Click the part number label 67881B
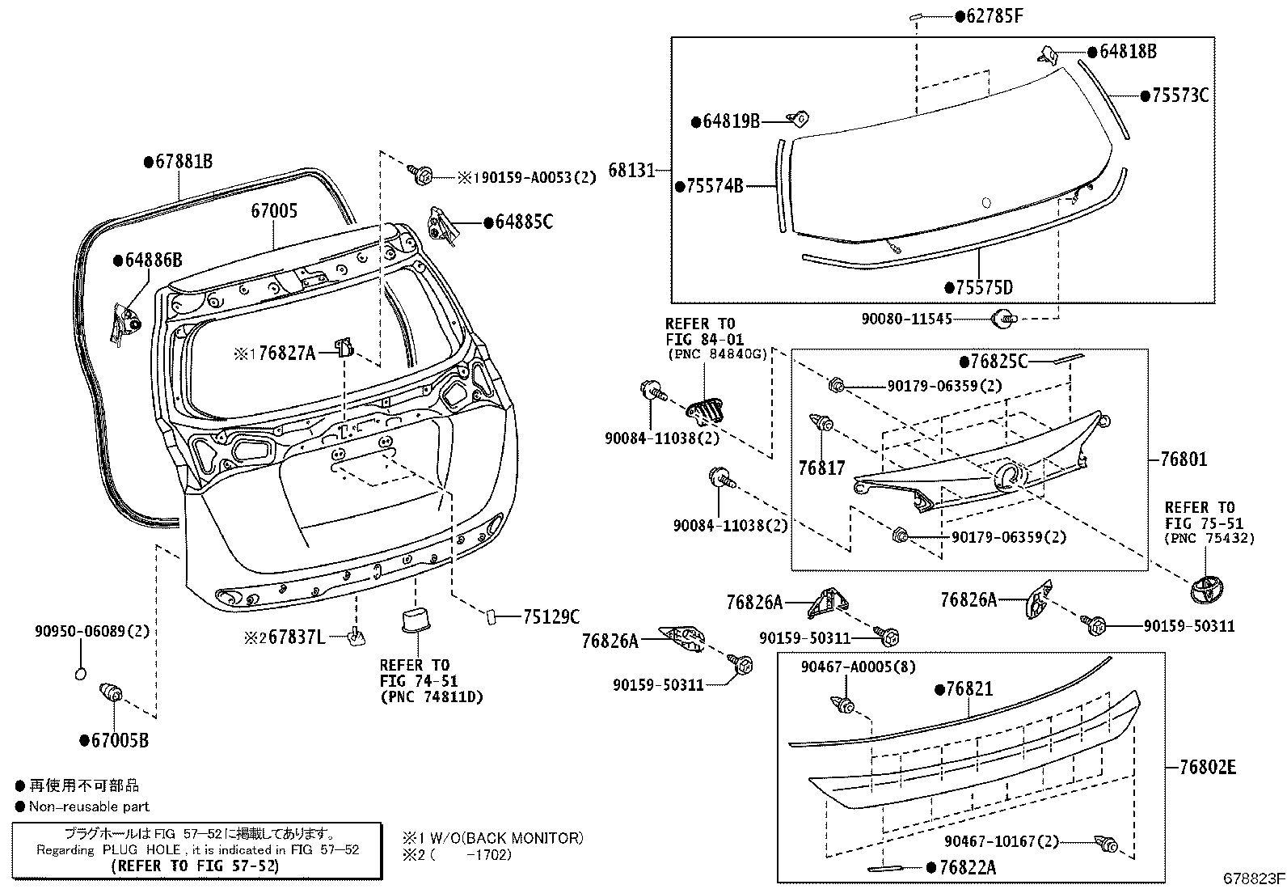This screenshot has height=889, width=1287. tap(184, 162)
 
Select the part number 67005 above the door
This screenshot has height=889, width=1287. tap(274, 212)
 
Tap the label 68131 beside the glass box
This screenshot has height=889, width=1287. tap(631, 171)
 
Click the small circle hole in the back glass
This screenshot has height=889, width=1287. tap(985, 203)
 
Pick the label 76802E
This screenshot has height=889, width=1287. tap(1207, 767)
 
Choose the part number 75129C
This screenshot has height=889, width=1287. tap(551, 617)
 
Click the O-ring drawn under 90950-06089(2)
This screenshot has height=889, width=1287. tap(80, 673)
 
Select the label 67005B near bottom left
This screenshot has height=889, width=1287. tap(119, 740)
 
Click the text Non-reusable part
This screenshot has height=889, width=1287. tap(89, 806)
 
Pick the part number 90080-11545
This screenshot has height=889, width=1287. tap(906, 320)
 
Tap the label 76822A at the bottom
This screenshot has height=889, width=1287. tap(968, 868)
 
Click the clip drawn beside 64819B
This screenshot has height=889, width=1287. tap(799, 119)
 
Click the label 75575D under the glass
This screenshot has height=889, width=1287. tap(984, 288)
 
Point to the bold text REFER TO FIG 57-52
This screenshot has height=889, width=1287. tap(196, 866)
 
